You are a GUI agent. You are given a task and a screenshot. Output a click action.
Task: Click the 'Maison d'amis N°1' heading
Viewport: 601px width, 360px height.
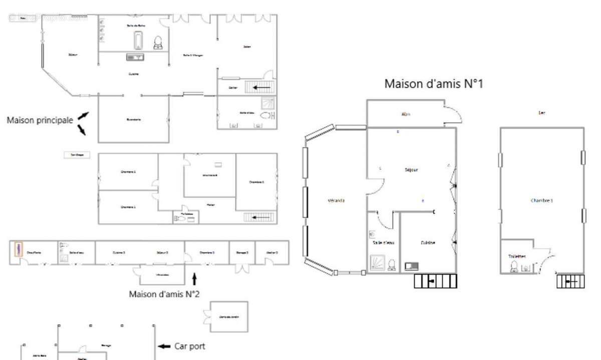coord(433,84)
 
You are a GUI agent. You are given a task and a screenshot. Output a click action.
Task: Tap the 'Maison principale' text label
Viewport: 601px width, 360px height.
coord(40,120)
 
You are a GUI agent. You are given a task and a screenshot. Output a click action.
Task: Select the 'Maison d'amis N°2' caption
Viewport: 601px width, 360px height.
coord(164,294)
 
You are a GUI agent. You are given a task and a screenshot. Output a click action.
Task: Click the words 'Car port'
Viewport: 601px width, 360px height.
coord(189,346)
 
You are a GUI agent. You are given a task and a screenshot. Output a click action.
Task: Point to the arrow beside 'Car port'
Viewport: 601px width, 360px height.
coord(164,346)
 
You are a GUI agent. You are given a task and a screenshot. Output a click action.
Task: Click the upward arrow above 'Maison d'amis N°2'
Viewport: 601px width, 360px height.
coord(195,278)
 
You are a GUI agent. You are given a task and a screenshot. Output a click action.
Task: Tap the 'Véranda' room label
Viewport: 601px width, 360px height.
coord(336,200)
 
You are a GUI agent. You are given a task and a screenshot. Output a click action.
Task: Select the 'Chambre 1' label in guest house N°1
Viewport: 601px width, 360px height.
coord(541,200)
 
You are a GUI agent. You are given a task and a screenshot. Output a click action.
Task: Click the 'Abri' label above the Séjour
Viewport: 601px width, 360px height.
coord(406,114)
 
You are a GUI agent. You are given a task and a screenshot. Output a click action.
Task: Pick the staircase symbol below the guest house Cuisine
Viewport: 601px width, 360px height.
coord(436,281)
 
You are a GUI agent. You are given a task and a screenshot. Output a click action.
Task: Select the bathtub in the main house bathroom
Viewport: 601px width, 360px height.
coord(138,40)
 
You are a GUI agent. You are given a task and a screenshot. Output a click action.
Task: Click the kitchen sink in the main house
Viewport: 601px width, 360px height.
coord(135,58)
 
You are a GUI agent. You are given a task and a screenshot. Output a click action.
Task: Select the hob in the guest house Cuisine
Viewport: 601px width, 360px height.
coord(412,266)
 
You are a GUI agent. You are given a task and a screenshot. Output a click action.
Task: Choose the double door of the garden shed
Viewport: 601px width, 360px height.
coord(206,316)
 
